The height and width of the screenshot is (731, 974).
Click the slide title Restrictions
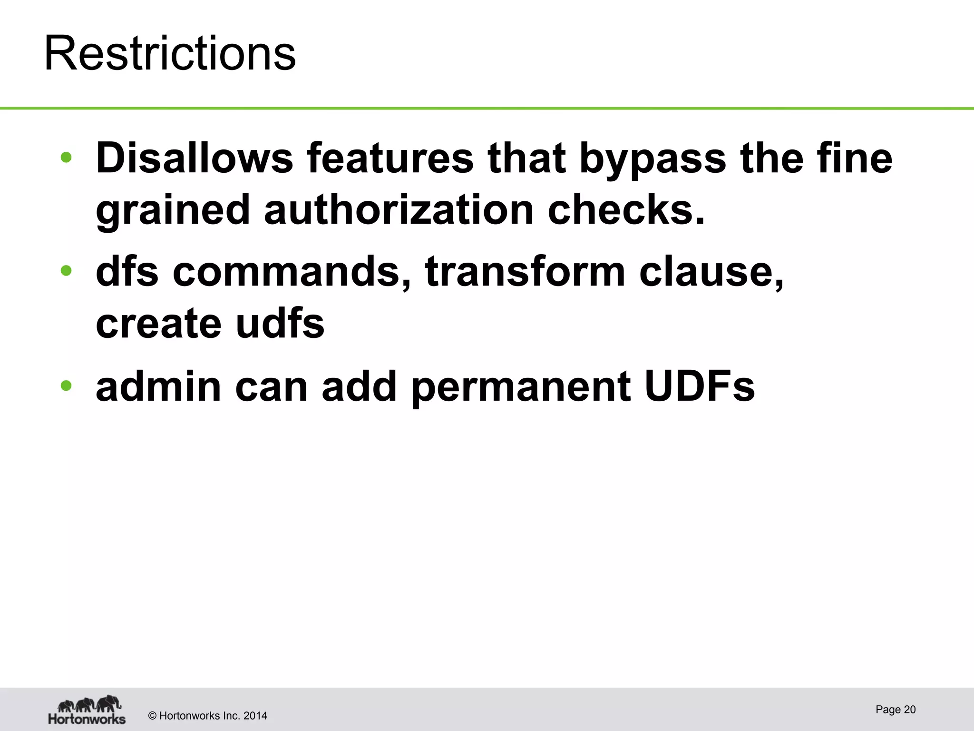point(170,53)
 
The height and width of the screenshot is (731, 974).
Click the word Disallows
point(195,158)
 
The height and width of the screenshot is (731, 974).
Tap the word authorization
point(399,210)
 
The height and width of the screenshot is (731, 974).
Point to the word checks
point(626,210)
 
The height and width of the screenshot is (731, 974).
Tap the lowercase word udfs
point(280,323)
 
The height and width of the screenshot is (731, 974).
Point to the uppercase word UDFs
point(700,386)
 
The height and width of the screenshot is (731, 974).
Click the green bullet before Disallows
point(66,157)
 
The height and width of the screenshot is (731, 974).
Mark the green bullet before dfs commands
point(66,270)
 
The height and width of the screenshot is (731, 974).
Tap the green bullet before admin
point(66,385)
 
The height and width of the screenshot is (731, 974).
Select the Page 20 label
point(896,710)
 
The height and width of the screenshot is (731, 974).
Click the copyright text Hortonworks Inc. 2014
point(208,716)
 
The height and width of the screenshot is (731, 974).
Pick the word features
point(390,158)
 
